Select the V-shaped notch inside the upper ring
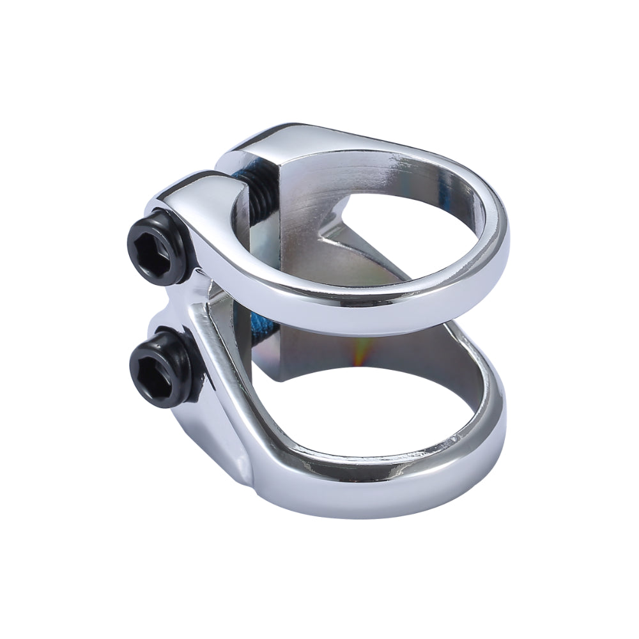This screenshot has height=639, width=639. coord(332,240)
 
